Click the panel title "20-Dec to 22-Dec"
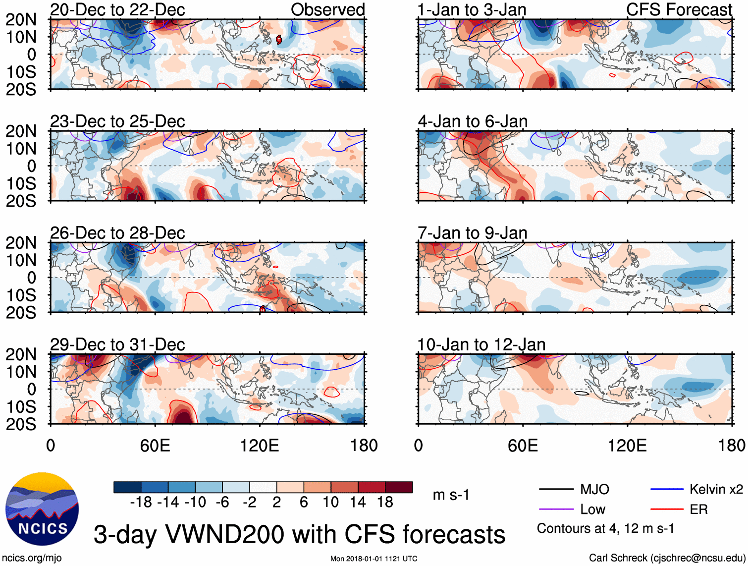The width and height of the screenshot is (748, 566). pyautogui.click(x=117, y=9)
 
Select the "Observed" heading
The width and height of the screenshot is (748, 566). pyautogui.click(x=327, y=9)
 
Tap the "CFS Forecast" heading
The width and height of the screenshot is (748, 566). pyautogui.click(x=679, y=9)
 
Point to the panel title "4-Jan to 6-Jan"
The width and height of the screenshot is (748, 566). pyautogui.click(x=473, y=121)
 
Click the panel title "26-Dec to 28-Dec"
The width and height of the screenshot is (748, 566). pyautogui.click(x=117, y=232)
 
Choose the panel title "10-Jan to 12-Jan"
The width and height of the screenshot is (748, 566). pyautogui.click(x=481, y=344)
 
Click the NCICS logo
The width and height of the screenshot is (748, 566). pyautogui.click(x=42, y=509)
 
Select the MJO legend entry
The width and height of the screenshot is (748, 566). pyautogui.click(x=594, y=489)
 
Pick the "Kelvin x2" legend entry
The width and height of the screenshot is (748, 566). pyautogui.click(x=716, y=489)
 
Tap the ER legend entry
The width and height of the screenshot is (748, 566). pyautogui.click(x=698, y=509)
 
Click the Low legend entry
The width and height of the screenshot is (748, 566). pyautogui.click(x=592, y=509)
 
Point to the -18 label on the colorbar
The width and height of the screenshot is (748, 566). pyautogui.click(x=141, y=502)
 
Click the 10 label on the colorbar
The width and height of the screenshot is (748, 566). pyautogui.click(x=330, y=502)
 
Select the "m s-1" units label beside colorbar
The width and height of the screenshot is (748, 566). pyautogui.click(x=451, y=495)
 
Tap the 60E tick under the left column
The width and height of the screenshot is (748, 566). pyautogui.click(x=155, y=445)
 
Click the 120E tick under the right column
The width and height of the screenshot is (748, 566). pyautogui.click(x=627, y=445)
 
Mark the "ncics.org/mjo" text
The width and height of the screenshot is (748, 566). pyautogui.click(x=32, y=558)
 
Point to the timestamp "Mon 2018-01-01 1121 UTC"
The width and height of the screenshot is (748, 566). pyautogui.click(x=374, y=559)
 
